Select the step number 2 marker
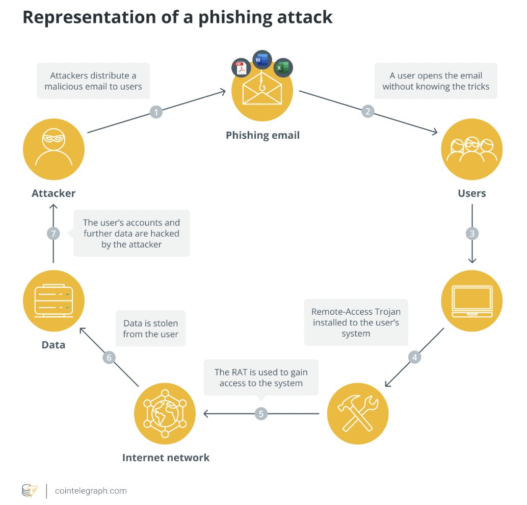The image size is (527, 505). click(367, 111)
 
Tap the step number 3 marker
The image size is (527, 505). click(472, 234)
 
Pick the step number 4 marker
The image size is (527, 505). click(415, 357)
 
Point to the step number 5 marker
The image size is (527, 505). click(261, 413)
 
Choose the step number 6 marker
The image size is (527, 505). click(109, 357)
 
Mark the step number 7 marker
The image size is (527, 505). click(54, 234)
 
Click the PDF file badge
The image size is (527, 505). click(241, 68)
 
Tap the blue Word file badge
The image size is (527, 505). click(262, 60)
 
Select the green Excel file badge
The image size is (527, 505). click(283, 68)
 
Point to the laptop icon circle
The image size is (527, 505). click(472, 301)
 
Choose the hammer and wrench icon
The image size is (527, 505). click(358, 413)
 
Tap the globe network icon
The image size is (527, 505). click(165, 413)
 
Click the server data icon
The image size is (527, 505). click(54, 301)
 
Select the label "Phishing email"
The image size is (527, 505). click(262, 135)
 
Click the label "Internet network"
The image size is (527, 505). click(166, 458)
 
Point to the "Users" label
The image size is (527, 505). click(471, 193)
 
